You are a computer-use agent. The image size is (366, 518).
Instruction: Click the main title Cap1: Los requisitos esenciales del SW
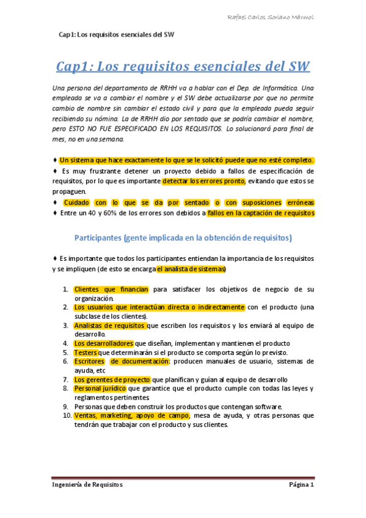(183, 66)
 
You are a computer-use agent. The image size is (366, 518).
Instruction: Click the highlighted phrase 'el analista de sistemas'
(191, 269)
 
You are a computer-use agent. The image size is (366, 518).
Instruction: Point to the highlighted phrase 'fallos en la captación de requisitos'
(260, 213)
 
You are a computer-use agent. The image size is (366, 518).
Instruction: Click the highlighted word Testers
(85, 352)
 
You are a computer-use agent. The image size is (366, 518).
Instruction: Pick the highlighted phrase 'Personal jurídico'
(100, 388)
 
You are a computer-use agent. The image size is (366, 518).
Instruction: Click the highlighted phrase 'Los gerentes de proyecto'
(112, 379)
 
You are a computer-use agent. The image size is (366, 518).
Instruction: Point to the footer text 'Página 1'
(301, 484)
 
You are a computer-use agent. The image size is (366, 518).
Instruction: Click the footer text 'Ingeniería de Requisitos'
(87, 484)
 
